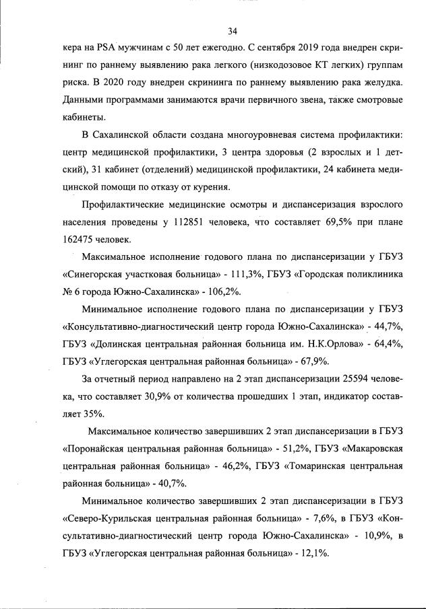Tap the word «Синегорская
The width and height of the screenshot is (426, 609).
(x=95, y=275)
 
